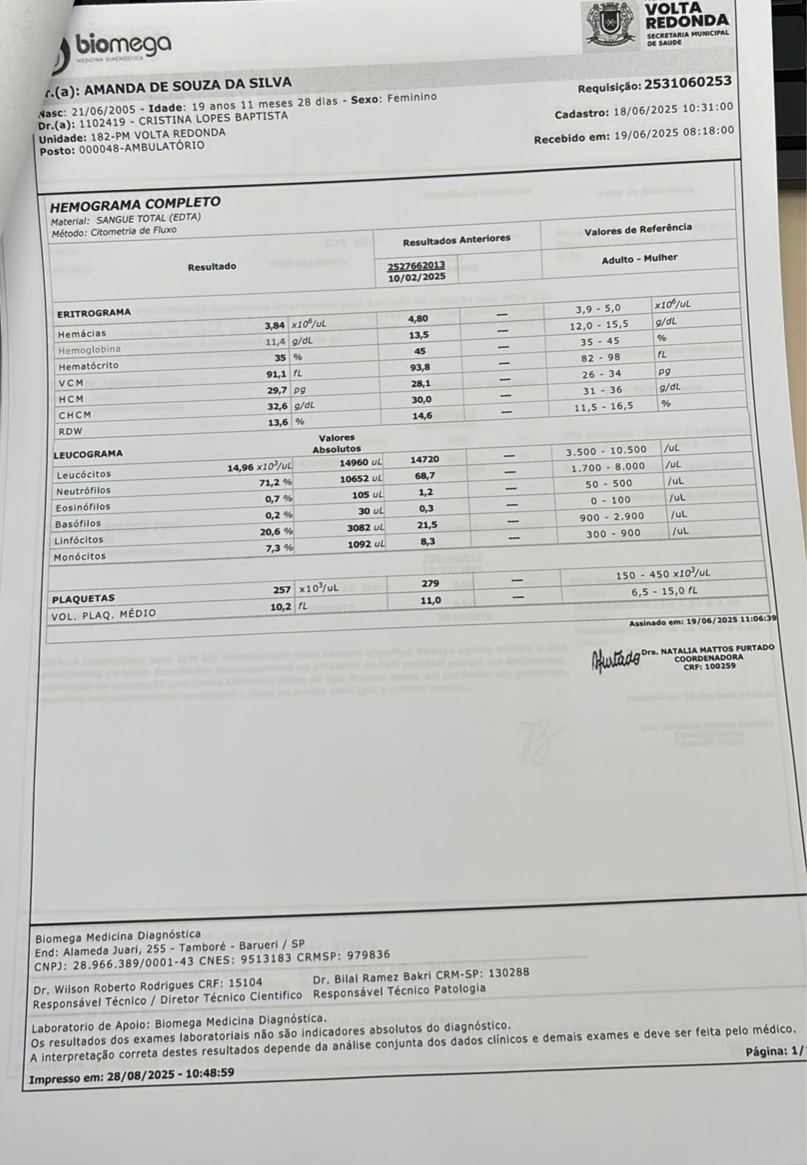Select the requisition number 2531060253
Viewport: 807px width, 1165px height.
click(688, 82)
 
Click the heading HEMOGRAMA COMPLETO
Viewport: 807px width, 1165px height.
click(135, 204)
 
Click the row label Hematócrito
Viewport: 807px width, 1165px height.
click(88, 366)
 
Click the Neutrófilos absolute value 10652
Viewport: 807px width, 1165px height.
click(356, 479)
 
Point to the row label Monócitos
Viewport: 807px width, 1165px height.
click(79, 556)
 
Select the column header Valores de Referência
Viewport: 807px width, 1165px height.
click(638, 230)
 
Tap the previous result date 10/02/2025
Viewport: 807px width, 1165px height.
click(416, 277)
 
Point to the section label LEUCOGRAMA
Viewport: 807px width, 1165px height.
click(88, 454)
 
